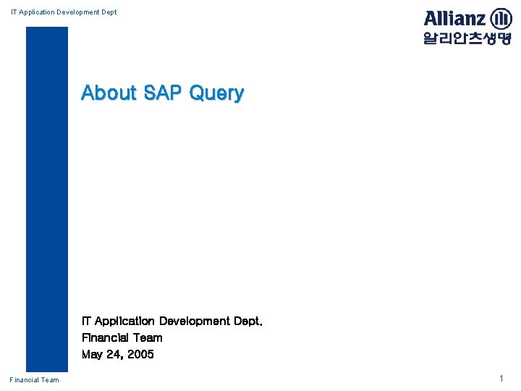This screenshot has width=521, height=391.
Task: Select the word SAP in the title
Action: [163, 93]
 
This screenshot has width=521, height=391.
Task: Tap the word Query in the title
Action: [216, 93]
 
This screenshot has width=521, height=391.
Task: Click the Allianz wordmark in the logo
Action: [454, 18]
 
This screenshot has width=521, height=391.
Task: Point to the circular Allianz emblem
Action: [500, 19]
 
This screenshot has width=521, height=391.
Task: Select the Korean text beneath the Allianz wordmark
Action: [467, 38]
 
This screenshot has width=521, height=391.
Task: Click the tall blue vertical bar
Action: [47, 199]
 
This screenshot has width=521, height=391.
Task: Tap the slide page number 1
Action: [501, 379]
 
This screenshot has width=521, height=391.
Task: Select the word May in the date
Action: [92, 355]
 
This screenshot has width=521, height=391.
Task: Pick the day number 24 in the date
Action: [114, 355]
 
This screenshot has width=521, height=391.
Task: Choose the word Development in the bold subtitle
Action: [193, 321]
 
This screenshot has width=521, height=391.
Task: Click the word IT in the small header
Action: [14, 12]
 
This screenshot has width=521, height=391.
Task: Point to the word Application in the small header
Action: [37, 12]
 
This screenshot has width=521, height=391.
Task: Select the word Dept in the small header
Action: [108, 12]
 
